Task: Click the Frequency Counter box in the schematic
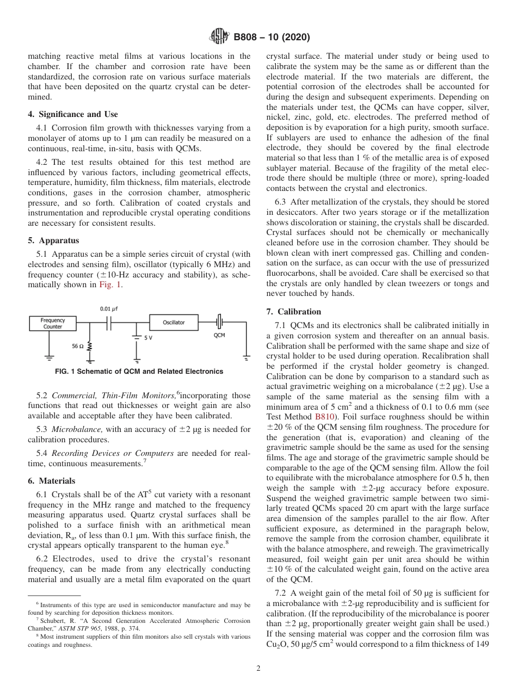[53, 324]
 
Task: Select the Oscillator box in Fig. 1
[174, 323]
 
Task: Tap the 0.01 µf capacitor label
[109, 308]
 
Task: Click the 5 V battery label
[149, 338]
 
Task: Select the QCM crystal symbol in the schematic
[219, 322]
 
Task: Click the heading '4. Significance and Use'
[72, 114]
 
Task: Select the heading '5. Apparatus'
[53, 240]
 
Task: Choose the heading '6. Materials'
[52, 481]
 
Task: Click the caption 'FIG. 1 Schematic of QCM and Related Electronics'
[139, 372]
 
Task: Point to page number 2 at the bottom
[258, 669]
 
